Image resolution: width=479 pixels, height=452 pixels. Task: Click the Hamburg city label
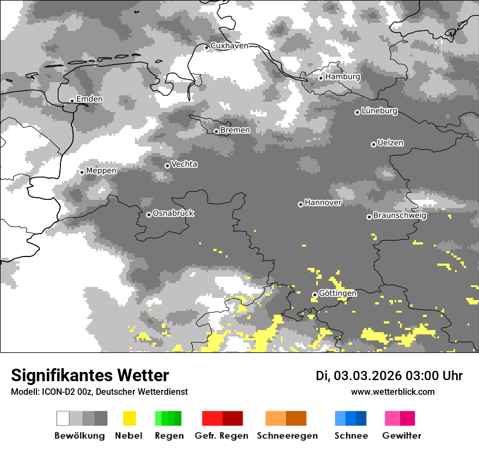click(342, 77)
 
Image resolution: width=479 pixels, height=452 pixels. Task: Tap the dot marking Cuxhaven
click(206, 47)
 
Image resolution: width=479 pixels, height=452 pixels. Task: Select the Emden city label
click(89, 99)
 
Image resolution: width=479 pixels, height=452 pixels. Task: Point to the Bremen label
click(235, 130)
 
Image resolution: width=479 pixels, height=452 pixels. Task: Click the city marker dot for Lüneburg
click(357, 112)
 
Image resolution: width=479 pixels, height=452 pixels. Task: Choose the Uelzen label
click(390, 143)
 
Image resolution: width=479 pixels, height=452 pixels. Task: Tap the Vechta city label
click(184, 164)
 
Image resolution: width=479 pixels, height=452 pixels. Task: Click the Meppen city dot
click(82, 172)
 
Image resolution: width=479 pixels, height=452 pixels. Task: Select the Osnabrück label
click(173, 213)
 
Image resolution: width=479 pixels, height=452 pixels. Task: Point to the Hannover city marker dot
click(300, 204)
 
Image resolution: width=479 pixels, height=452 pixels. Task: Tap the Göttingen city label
click(337, 294)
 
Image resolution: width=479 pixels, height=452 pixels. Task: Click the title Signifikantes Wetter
click(90, 376)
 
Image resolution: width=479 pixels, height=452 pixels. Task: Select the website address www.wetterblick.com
click(393, 392)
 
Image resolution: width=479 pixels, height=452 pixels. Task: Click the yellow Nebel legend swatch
click(129, 418)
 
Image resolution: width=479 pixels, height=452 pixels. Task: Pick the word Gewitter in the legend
click(402, 436)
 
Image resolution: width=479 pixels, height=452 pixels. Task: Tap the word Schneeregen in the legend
click(287, 436)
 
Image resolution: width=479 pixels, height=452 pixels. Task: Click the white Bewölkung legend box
click(63, 418)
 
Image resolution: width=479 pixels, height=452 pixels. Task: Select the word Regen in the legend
click(168, 436)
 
